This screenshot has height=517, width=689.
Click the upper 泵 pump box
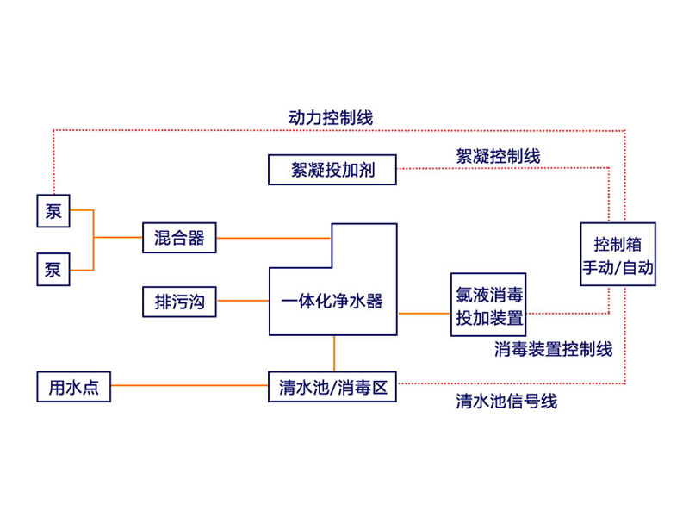click(x=53, y=211)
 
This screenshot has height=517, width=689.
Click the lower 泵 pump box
click(x=53, y=270)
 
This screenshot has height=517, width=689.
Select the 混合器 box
click(x=179, y=238)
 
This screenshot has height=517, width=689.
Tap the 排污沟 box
click(x=179, y=302)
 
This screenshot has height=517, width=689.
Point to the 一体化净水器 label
click(x=332, y=302)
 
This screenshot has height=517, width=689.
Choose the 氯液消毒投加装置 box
click(x=489, y=304)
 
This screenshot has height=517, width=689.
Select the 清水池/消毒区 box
click(x=332, y=387)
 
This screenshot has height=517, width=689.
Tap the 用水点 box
click(x=73, y=387)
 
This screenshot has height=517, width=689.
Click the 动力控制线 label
click(x=330, y=116)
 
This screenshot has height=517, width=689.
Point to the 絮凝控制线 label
click(x=498, y=156)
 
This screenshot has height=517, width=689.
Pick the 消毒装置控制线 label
click(x=554, y=349)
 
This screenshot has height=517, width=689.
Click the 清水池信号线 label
click(x=506, y=402)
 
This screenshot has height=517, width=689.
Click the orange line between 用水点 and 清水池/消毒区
click(x=189, y=387)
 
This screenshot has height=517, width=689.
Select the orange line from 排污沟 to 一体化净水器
click(x=242, y=302)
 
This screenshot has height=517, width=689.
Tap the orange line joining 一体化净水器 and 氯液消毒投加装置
click(x=424, y=313)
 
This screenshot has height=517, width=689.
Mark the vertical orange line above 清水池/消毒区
click(x=334, y=353)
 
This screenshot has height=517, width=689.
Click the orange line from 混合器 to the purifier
click(x=273, y=237)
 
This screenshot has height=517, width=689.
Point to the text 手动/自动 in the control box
click(x=618, y=268)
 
